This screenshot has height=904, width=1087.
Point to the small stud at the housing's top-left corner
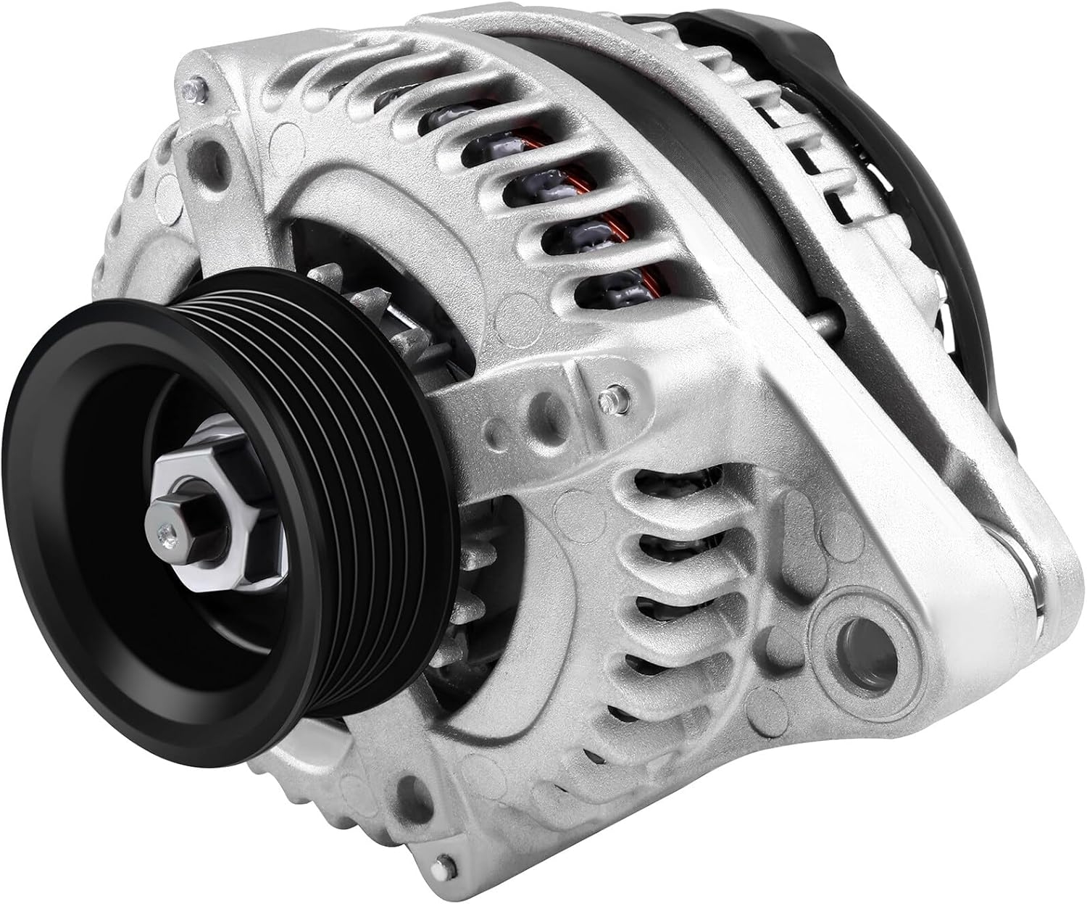[191, 89]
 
